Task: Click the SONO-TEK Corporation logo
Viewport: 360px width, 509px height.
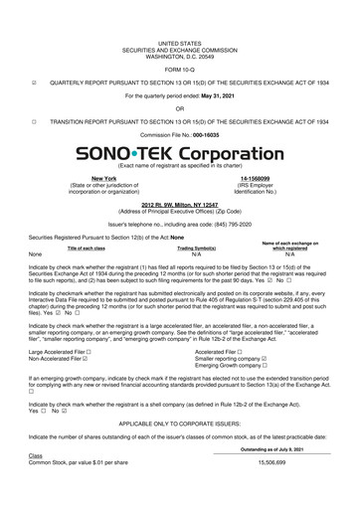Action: (179, 156)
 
